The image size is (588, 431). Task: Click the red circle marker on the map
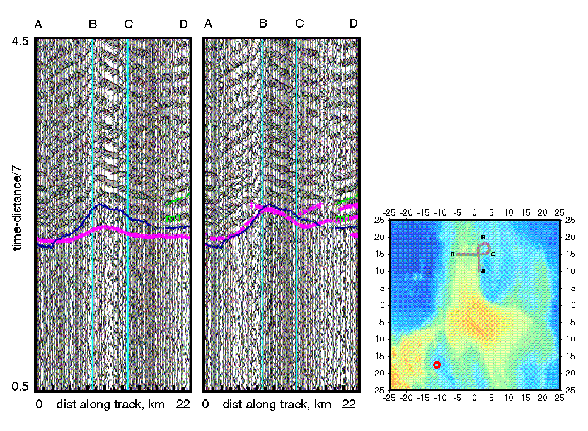[436, 365]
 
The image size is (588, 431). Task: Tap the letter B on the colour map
[483, 238]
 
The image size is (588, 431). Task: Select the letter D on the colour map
[453, 255]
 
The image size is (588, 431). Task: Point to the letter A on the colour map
[483, 271]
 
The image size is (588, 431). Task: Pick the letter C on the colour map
[493, 255]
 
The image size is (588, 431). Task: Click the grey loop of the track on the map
[483, 247]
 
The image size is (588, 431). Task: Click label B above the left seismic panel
[93, 25]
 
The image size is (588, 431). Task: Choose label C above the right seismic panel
[299, 24]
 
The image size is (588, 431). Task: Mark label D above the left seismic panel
[183, 25]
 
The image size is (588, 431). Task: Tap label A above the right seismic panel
[208, 24]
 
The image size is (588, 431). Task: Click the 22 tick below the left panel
[183, 405]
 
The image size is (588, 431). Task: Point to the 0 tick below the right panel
[205, 405]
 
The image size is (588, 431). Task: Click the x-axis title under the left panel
[110, 405]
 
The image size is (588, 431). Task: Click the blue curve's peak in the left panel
[99, 205]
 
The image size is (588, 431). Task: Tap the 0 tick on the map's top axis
[474, 214]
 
